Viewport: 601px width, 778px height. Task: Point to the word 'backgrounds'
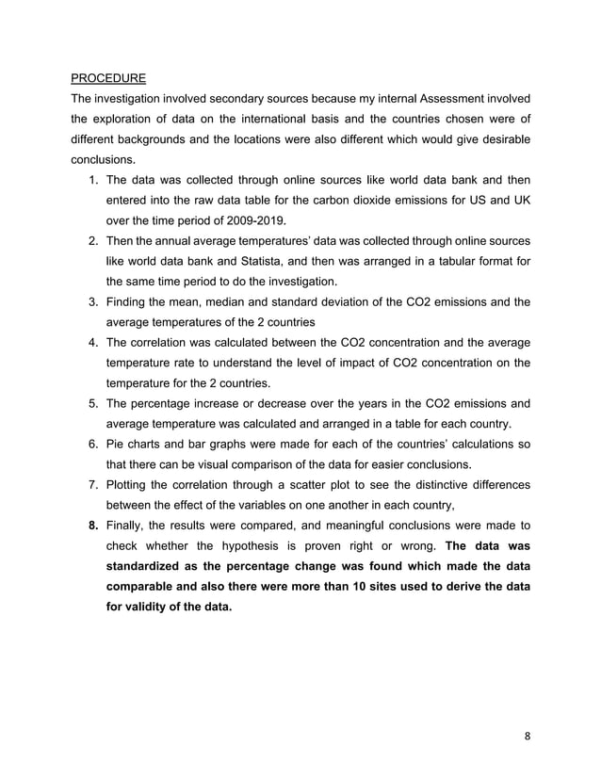(151, 139)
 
